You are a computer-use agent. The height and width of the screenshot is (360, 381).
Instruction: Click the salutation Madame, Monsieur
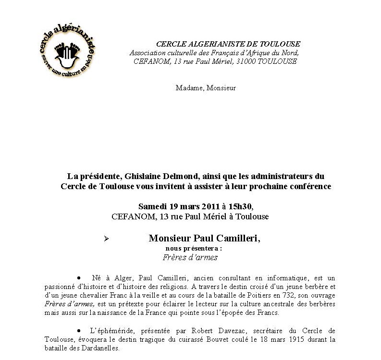tap(206, 88)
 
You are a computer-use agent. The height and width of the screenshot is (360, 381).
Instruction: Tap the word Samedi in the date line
tap(152, 206)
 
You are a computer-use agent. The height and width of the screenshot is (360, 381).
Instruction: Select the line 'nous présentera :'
tap(194, 248)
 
